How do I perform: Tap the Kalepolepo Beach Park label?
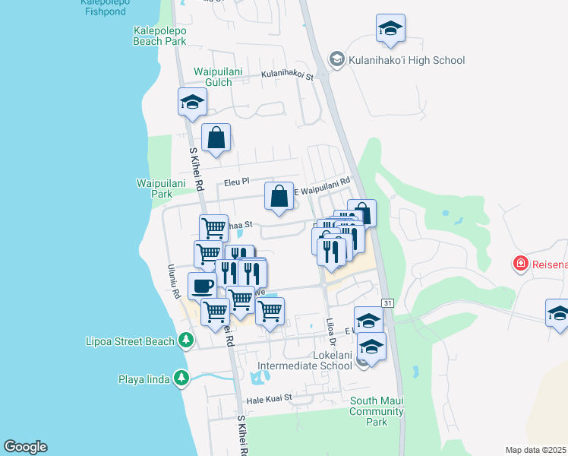[159, 36]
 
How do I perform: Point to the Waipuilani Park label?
[154, 188]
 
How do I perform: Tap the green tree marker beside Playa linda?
[181, 378]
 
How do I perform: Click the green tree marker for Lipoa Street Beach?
[185, 340]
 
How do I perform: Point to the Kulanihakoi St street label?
[288, 75]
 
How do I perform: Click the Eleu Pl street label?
[237, 182]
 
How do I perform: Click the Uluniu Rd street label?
[175, 282]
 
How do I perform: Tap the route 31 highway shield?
[387, 303]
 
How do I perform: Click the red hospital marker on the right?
[520, 264]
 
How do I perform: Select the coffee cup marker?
[202, 286]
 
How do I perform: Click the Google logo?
[25, 447]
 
